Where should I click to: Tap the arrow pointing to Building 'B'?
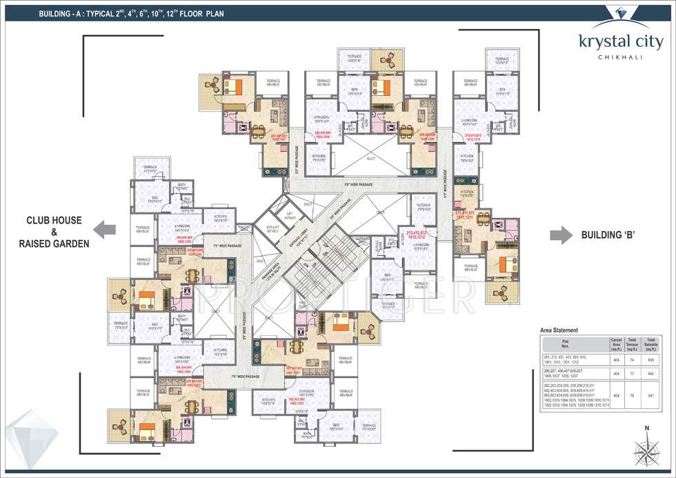click(x=560, y=235)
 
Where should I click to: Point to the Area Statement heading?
click(x=559, y=330)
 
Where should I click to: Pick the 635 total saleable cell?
click(x=650, y=359)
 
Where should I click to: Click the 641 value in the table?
click(x=650, y=396)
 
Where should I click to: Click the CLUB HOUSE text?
click(x=54, y=221)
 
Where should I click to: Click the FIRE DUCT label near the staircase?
click(x=303, y=303)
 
